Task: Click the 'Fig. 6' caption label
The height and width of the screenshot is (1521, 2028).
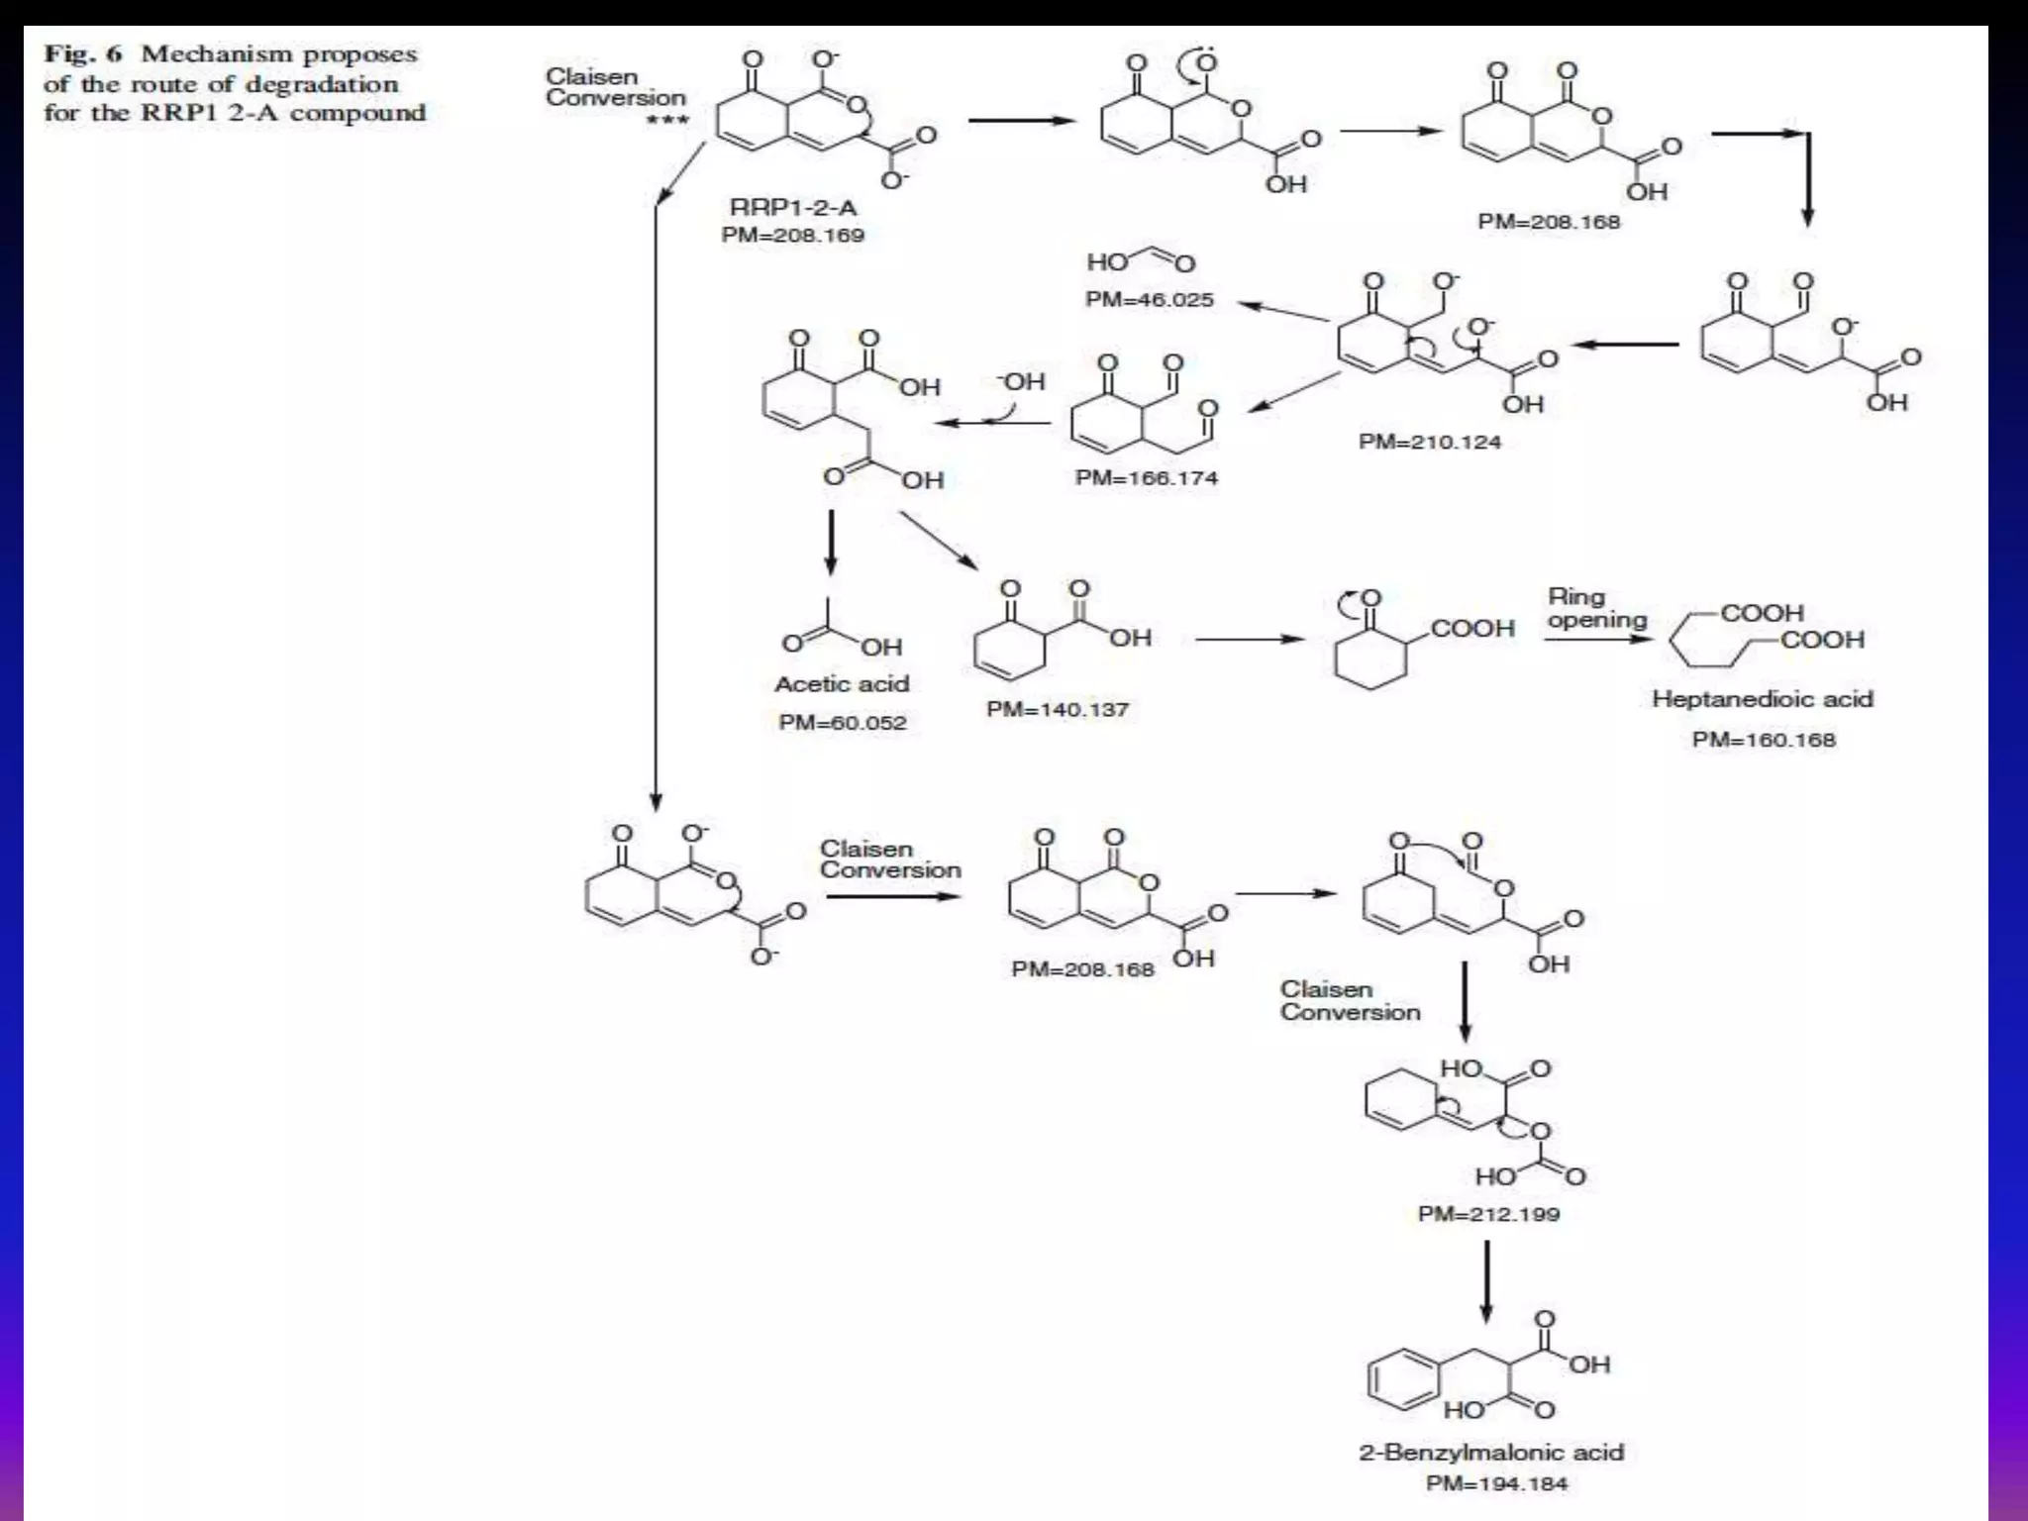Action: [81, 54]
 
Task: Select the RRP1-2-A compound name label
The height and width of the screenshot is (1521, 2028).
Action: [792, 207]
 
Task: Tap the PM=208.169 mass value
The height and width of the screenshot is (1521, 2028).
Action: [792, 236]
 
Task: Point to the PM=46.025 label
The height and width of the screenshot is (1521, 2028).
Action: [1149, 300]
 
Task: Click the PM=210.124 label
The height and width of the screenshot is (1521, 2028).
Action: [1429, 442]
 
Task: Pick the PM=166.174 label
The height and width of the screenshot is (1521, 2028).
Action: [1146, 478]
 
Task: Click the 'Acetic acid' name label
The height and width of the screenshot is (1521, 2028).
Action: [841, 684]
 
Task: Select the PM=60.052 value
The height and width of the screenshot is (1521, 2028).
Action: [842, 723]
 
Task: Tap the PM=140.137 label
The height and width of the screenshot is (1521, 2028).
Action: [1057, 710]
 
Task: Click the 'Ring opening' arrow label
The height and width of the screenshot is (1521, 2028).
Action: [1596, 608]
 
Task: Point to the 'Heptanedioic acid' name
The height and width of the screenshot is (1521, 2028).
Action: [1762, 699]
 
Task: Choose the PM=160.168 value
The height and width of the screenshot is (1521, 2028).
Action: [1763, 740]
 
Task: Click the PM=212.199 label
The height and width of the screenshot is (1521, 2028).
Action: [1487, 1214]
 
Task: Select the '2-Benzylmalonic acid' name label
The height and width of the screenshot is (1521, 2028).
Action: [1490, 1453]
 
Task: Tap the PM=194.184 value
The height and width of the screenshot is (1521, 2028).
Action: [1495, 1484]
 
